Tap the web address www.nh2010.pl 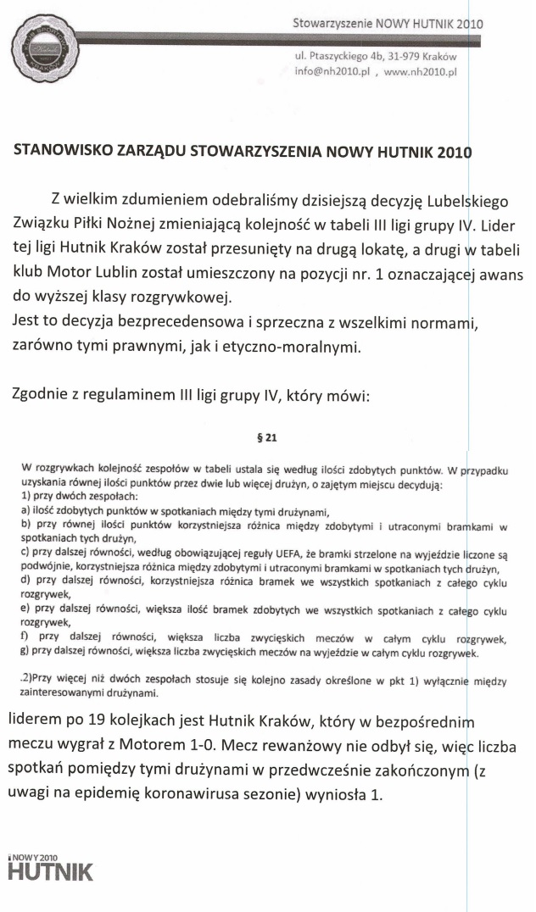pos(421,72)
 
